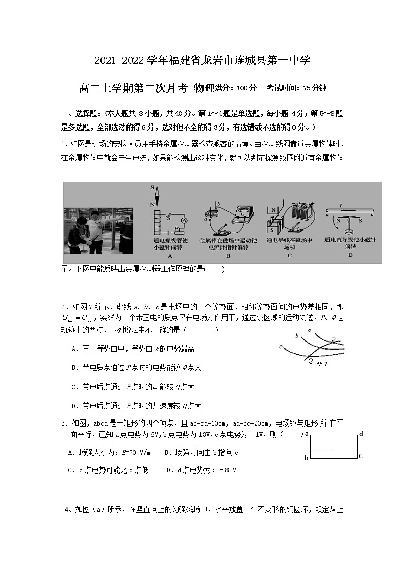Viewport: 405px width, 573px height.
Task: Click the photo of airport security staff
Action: pyautogui.click(x=97, y=230)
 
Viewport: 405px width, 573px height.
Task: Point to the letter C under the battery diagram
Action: pyautogui.click(x=289, y=255)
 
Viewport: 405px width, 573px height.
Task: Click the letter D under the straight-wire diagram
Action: pyautogui.click(x=350, y=255)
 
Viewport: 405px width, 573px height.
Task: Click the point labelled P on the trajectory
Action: pyautogui.click(x=334, y=340)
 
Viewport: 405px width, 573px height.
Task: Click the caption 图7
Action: pyautogui.click(x=321, y=364)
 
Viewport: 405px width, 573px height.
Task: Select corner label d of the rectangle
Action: pyautogui.click(x=361, y=434)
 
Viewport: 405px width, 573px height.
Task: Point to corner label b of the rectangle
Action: pyautogui.click(x=307, y=458)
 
